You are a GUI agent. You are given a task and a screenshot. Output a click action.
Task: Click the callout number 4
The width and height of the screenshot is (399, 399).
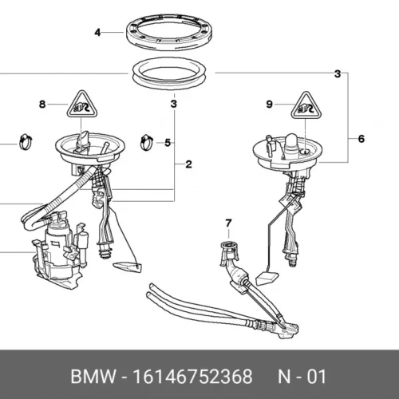click(97, 33)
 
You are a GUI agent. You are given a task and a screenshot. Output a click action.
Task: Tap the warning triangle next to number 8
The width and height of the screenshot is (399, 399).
click(82, 105)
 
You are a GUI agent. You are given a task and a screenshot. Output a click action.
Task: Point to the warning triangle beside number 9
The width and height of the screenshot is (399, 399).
click(306, 105)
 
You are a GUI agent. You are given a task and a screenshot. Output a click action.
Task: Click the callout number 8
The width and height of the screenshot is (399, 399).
click(42, 105)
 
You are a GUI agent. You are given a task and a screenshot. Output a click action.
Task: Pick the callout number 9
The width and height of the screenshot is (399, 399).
click(270, 105)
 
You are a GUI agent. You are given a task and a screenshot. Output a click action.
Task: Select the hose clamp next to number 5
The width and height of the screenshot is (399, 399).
click(147, 142)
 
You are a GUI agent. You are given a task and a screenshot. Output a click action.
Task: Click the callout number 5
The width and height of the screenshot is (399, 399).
click(168, 143)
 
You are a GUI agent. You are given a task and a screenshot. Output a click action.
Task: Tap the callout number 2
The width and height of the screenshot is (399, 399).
click(188, 164)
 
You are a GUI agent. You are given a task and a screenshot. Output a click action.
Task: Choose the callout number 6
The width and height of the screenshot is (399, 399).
click(361, 139)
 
